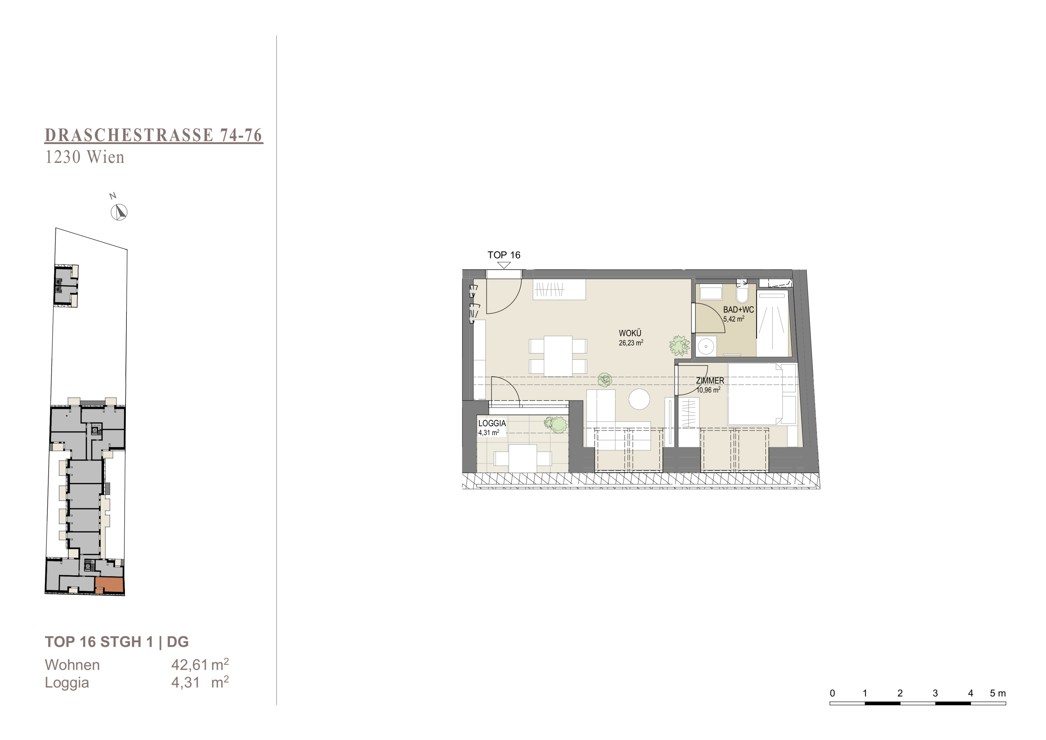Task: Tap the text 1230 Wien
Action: coord(85,157)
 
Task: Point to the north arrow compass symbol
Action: coord(119,212)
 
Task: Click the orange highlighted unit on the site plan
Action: coord(110,585)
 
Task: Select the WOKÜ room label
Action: coord(630,333)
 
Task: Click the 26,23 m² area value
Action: coord(631,343)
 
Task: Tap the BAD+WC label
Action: coord(738,309)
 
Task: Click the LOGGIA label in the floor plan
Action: coord(492,423)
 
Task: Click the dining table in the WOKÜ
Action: coord(558,356)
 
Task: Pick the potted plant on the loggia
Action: coord(556,425)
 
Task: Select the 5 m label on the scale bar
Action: coord(998,693)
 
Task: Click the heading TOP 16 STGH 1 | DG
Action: coord(117,642)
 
